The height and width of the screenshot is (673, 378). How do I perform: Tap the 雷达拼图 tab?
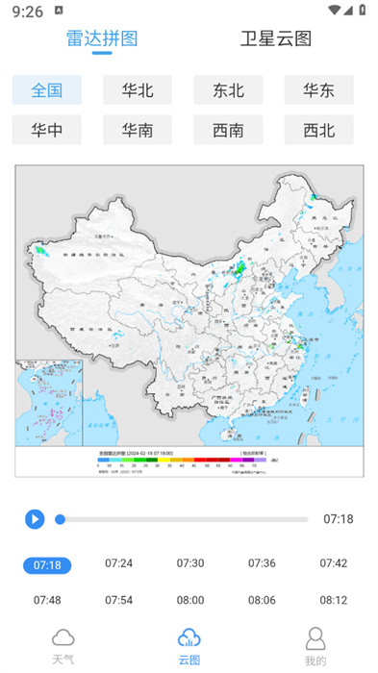click(x=102, y=38)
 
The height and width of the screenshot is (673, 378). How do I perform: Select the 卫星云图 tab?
click(x=276, y=38)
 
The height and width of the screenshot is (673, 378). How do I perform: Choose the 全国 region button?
click(x=47, y=90)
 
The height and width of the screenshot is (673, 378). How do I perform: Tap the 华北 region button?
click(x=138, y=90)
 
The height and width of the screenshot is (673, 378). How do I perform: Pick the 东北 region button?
click(x=228, y=90)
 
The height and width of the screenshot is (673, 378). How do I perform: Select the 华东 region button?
click(x=318, y=90)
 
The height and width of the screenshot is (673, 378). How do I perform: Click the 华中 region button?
click(x=47, y=130)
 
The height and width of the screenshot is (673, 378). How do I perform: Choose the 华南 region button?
click(x=138, y=130)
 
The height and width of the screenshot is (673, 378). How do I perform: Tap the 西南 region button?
click(x=228, y=130)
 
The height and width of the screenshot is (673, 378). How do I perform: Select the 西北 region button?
click(x=318, y=130)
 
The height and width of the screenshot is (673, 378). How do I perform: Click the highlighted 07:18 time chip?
click(x=47, y=564)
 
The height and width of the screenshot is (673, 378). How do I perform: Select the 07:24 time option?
click(x=118, y=563)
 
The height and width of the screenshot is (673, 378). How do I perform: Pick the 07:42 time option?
click(x=334, y=563)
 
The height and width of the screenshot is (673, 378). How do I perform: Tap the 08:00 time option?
click(x=190, y=600)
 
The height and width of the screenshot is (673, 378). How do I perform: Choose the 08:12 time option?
click(x=334, y=600)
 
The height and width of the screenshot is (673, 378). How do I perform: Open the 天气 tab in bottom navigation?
click(x=63, y=645)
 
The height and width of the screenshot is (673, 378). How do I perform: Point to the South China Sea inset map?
click(x=48, y=404)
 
